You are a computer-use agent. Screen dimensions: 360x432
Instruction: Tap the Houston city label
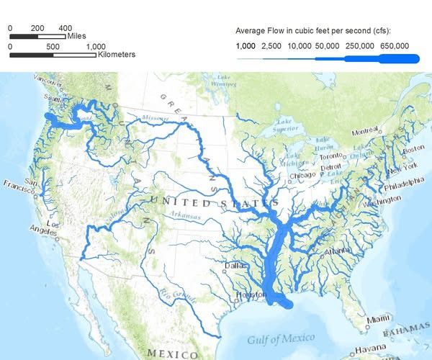[x=248, y=295]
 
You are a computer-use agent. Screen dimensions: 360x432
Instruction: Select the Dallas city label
[x=235, y=265]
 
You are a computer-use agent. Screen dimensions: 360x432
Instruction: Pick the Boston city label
[x=413, y=149]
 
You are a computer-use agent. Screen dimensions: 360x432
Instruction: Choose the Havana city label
[x=370, y=351]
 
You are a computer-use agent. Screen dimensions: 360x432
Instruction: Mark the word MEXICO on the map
[x=173, y=354]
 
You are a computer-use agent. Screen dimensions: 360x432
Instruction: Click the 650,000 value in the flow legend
[x=395, y=45]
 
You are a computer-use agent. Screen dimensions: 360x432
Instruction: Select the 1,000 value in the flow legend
[x=246, y=45]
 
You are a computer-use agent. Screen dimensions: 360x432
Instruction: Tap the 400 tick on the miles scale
[x=65, y=27]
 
